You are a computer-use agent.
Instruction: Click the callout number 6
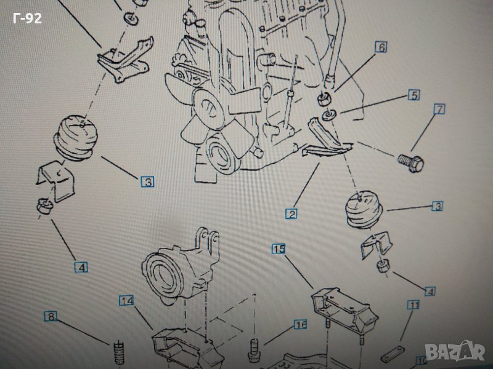[380, 47]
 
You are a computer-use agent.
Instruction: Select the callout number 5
[413, 95]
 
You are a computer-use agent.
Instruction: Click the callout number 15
[279, 249]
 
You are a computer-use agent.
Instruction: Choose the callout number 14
[127, 301]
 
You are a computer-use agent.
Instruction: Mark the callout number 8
[51, 317]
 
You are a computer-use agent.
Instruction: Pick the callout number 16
[300, 324]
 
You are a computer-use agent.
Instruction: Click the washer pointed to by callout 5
[330, 113]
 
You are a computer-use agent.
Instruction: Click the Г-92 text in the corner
[27, 18]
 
